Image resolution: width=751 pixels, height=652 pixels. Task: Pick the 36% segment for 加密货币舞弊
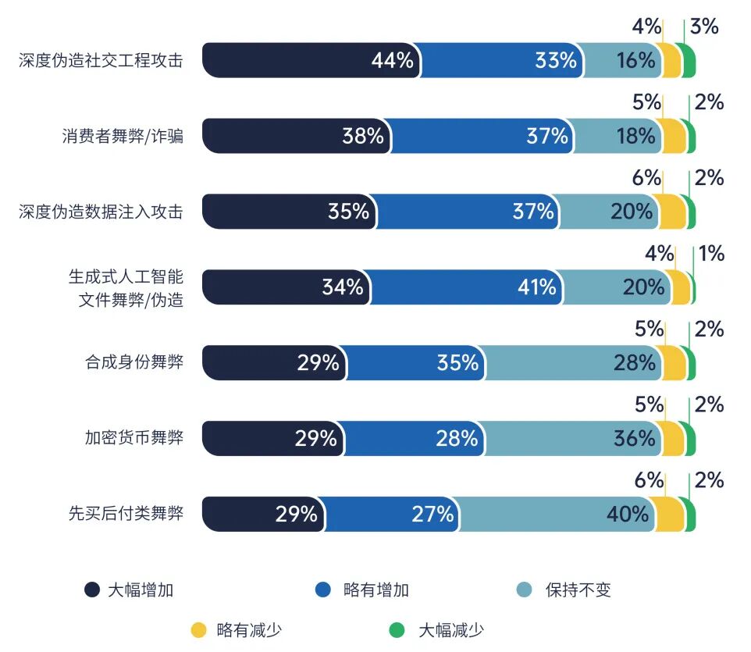[569, 438]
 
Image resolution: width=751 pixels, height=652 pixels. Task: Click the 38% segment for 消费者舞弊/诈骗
[297, 136]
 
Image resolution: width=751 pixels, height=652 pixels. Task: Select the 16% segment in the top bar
[620, 60]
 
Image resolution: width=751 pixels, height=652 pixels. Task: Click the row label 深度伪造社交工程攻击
[101, 61]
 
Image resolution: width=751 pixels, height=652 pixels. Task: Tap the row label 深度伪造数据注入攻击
[101, 212]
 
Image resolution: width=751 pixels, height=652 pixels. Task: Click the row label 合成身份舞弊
[134, 363]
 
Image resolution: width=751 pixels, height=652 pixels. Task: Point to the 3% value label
[704, 27]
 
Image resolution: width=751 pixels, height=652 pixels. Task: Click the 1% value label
[711, 254]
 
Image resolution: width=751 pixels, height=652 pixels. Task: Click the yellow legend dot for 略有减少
[199, 630]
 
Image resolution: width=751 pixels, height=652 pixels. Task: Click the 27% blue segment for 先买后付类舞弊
[390, 514]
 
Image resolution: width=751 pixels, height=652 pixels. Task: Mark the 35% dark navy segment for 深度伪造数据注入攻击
[289, 212]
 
